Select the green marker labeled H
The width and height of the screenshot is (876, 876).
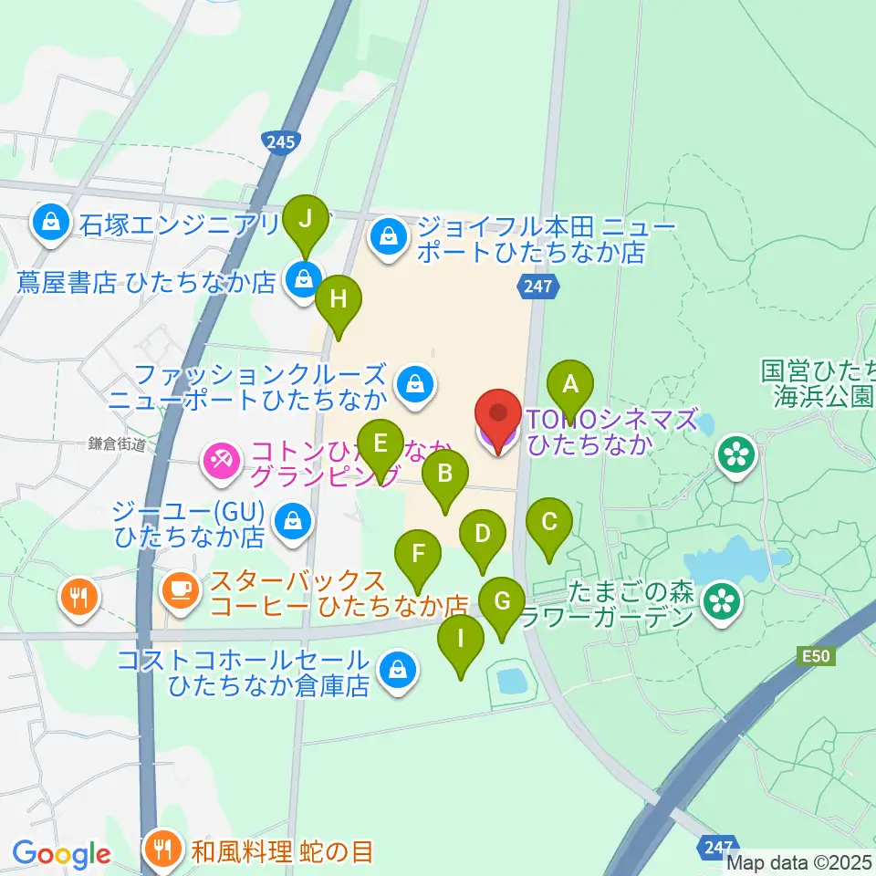[338, 300]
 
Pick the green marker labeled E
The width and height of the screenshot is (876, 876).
[381, 446]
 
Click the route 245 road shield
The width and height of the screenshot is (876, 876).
[282, 141]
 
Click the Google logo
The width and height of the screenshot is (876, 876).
[61, 855]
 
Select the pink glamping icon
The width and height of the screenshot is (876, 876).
[220, 459]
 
